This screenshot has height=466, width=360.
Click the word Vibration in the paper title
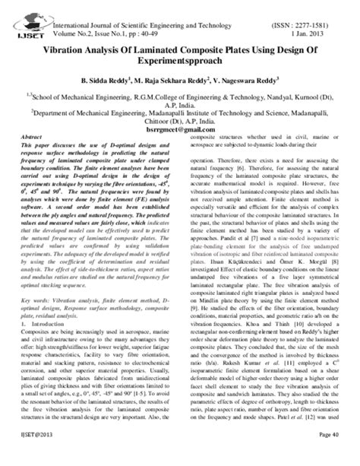[x=74, y=38]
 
